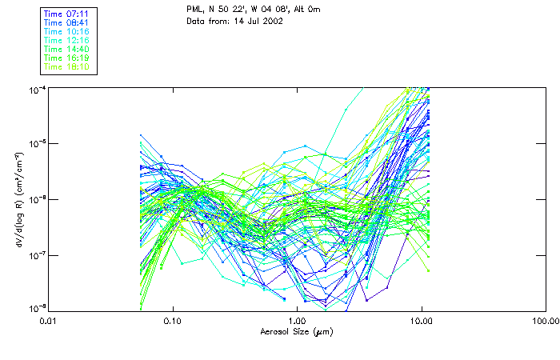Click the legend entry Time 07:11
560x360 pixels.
pyautogui.click(x=68, y=14)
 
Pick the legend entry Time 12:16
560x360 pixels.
pyautogui.click(x=68, y=40)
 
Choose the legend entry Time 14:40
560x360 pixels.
pyautogui.click(x=68, y=49)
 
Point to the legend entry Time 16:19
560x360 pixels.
pyautogui.click(x=68, y=58)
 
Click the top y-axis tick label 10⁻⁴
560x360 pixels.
pyautogui.click(x=36, y=88)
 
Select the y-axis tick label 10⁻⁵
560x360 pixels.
pyautogui.click(x=36, y=144)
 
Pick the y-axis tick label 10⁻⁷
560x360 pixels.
pyautogui.click(x=36, y=255)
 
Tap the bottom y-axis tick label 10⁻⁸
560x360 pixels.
pyautogui.click(x=36, y=309)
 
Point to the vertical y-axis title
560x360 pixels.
pyautogui.click(x=17, y=198)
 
